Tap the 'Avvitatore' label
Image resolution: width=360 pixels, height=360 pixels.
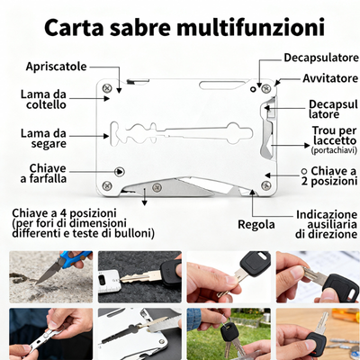(x=322, y=78)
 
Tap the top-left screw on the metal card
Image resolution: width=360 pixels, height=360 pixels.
(x=107, y=87)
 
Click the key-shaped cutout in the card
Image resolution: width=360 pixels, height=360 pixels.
(x=180, y=135)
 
